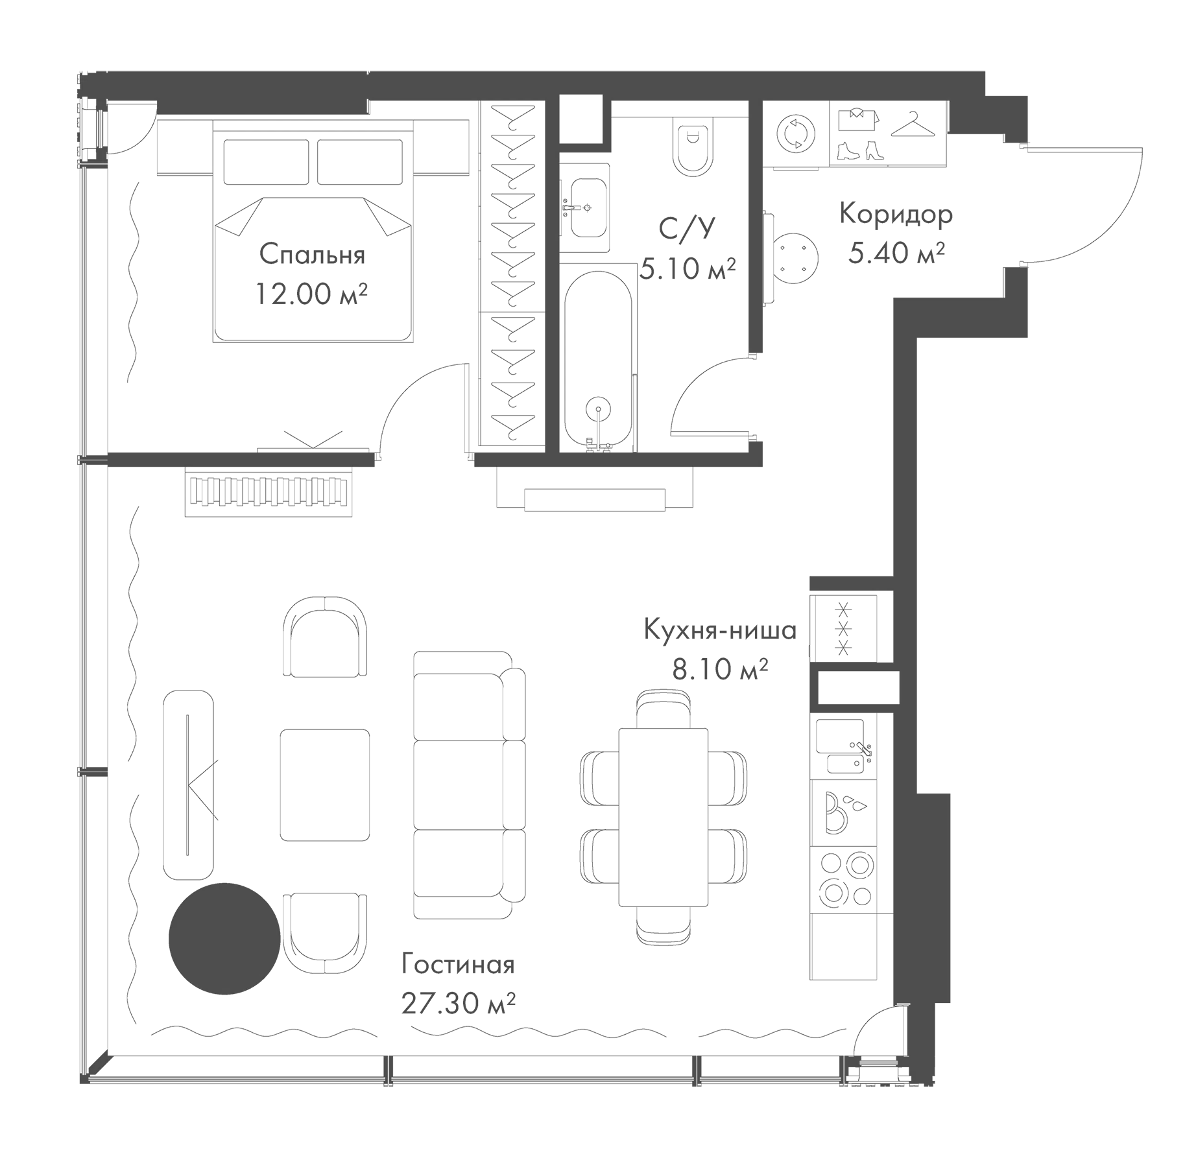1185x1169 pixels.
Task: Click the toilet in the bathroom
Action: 693,148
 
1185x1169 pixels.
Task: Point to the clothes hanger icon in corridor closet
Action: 913,125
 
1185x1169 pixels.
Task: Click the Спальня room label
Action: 312,255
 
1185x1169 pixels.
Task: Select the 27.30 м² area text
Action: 458,1004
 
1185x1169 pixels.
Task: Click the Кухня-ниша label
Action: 720,630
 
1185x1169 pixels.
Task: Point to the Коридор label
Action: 896,214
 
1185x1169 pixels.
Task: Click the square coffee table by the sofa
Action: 325,785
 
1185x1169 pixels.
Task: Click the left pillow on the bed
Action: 266,161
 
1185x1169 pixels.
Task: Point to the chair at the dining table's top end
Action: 662,709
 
